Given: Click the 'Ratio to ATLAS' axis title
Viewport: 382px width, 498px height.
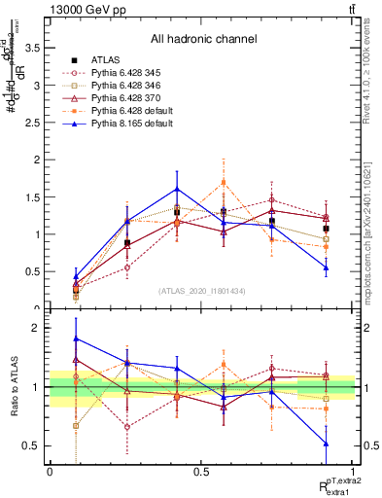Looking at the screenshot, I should coord(13,388).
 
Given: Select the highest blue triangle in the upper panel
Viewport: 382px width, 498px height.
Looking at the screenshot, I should coord(177,189).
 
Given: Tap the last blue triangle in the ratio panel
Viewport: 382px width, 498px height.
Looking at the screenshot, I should coord(326,444).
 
